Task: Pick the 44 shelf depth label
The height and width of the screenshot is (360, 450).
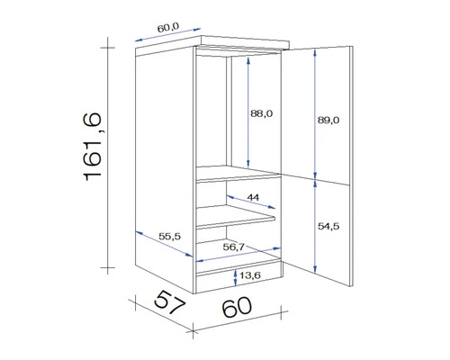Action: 253,197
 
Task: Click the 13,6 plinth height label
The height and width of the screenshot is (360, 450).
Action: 252,276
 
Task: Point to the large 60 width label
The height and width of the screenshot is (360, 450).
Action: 236,307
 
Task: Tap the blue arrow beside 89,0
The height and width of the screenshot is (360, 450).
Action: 316,112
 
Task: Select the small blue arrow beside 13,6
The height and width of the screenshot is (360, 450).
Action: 235,276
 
